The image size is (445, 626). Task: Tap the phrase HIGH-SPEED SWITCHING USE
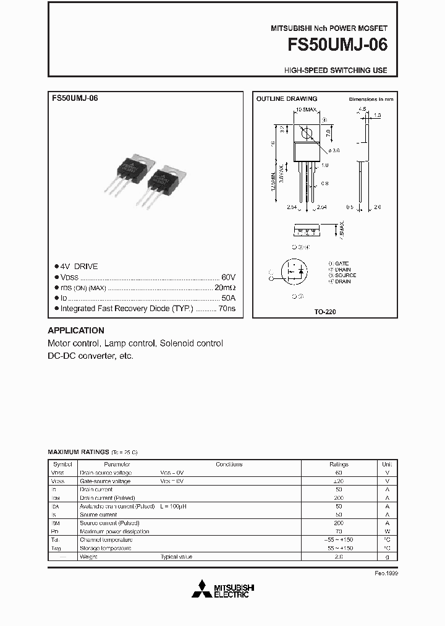point(336,71)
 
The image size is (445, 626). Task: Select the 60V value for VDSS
point(228,277)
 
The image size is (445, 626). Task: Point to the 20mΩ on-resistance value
point(225,287)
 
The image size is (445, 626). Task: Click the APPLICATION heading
point(76,330)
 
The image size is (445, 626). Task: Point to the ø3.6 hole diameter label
point(335,150)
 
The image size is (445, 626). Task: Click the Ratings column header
point(339,464)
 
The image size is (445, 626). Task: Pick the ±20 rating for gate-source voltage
point(339,481)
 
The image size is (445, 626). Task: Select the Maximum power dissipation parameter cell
point(114,531)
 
